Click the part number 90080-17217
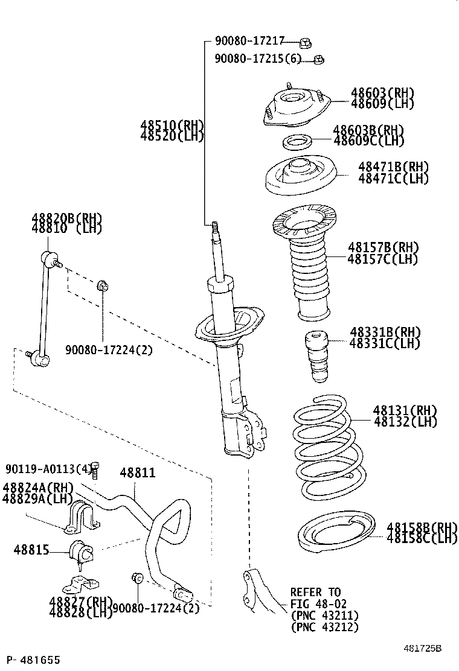[x=249, y=42]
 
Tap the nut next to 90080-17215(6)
[x=319, y=59]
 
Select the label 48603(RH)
[x=382, y=92]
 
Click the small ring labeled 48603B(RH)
[x=297, y=143]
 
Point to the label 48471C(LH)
[x=393, y=179]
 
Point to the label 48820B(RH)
[x=66, y=218]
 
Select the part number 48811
[x=137, y=473]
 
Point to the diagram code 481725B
[x=423, y=648]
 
